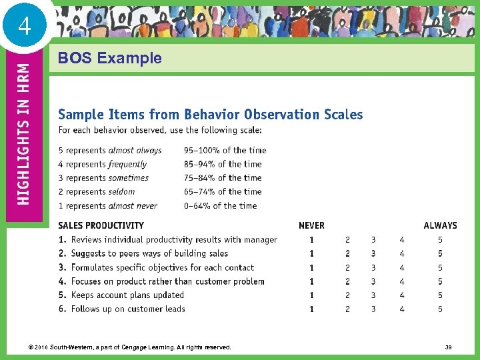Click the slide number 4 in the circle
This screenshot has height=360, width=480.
(25, 27)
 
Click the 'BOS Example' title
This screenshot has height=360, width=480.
(110, 58)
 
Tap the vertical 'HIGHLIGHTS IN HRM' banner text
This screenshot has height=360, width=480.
(23, 133)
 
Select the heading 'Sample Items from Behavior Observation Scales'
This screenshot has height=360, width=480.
(211, 114)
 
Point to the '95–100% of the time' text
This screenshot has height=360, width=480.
(225, 150)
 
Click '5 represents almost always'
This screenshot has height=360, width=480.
(110, 150)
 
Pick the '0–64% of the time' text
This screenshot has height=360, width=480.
(220, 205)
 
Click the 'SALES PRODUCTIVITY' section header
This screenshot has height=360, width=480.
(101, 225)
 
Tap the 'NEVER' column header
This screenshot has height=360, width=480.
(311, 225)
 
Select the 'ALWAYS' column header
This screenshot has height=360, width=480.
(440, 225)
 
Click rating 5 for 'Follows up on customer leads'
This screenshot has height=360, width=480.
(440, 309)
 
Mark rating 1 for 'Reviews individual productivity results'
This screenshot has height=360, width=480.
(311, 239)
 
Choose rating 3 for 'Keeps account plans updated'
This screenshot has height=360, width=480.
(373, 295)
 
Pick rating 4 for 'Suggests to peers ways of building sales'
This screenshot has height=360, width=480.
(402, 253)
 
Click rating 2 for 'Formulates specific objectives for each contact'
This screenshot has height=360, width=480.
(347, 267)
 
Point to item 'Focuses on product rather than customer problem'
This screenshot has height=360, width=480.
(167, 281)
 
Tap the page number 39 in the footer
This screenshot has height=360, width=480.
(447, 347)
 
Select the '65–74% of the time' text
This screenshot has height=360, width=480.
(223, 191)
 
